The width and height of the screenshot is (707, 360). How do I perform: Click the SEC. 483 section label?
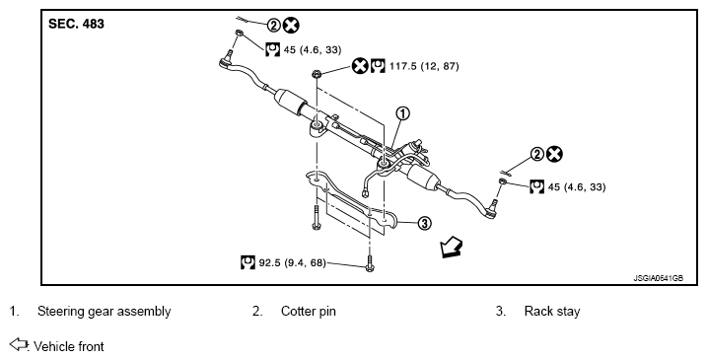tap(76, 24)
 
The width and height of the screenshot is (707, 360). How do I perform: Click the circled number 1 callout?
tap(402, 113)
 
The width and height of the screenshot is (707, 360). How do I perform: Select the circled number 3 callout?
tap(424, 223)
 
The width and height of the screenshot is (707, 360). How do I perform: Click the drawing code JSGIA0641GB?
tap(659, 278)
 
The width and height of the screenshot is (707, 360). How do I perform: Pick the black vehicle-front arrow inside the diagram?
tap(451, 248)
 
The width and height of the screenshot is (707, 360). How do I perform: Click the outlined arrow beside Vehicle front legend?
tap(19, 344)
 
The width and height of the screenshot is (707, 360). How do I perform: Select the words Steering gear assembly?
tap(105, 312)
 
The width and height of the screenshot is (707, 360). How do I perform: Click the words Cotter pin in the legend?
tap(309, 312)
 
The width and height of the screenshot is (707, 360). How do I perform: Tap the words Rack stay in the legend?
tap(552, 312)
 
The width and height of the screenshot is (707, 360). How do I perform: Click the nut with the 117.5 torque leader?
tap(317, 74)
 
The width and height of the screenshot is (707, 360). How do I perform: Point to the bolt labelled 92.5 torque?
tap(370, 264)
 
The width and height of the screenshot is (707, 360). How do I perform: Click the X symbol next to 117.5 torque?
tap(360, 66)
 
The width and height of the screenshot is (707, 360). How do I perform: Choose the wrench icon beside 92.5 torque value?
tap(247, 262)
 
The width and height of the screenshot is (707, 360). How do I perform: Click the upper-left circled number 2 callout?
tap(274, 26)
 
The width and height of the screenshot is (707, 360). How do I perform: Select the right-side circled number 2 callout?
tap(537, 154)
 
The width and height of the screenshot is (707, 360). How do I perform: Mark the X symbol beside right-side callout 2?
tap(554, 154)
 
